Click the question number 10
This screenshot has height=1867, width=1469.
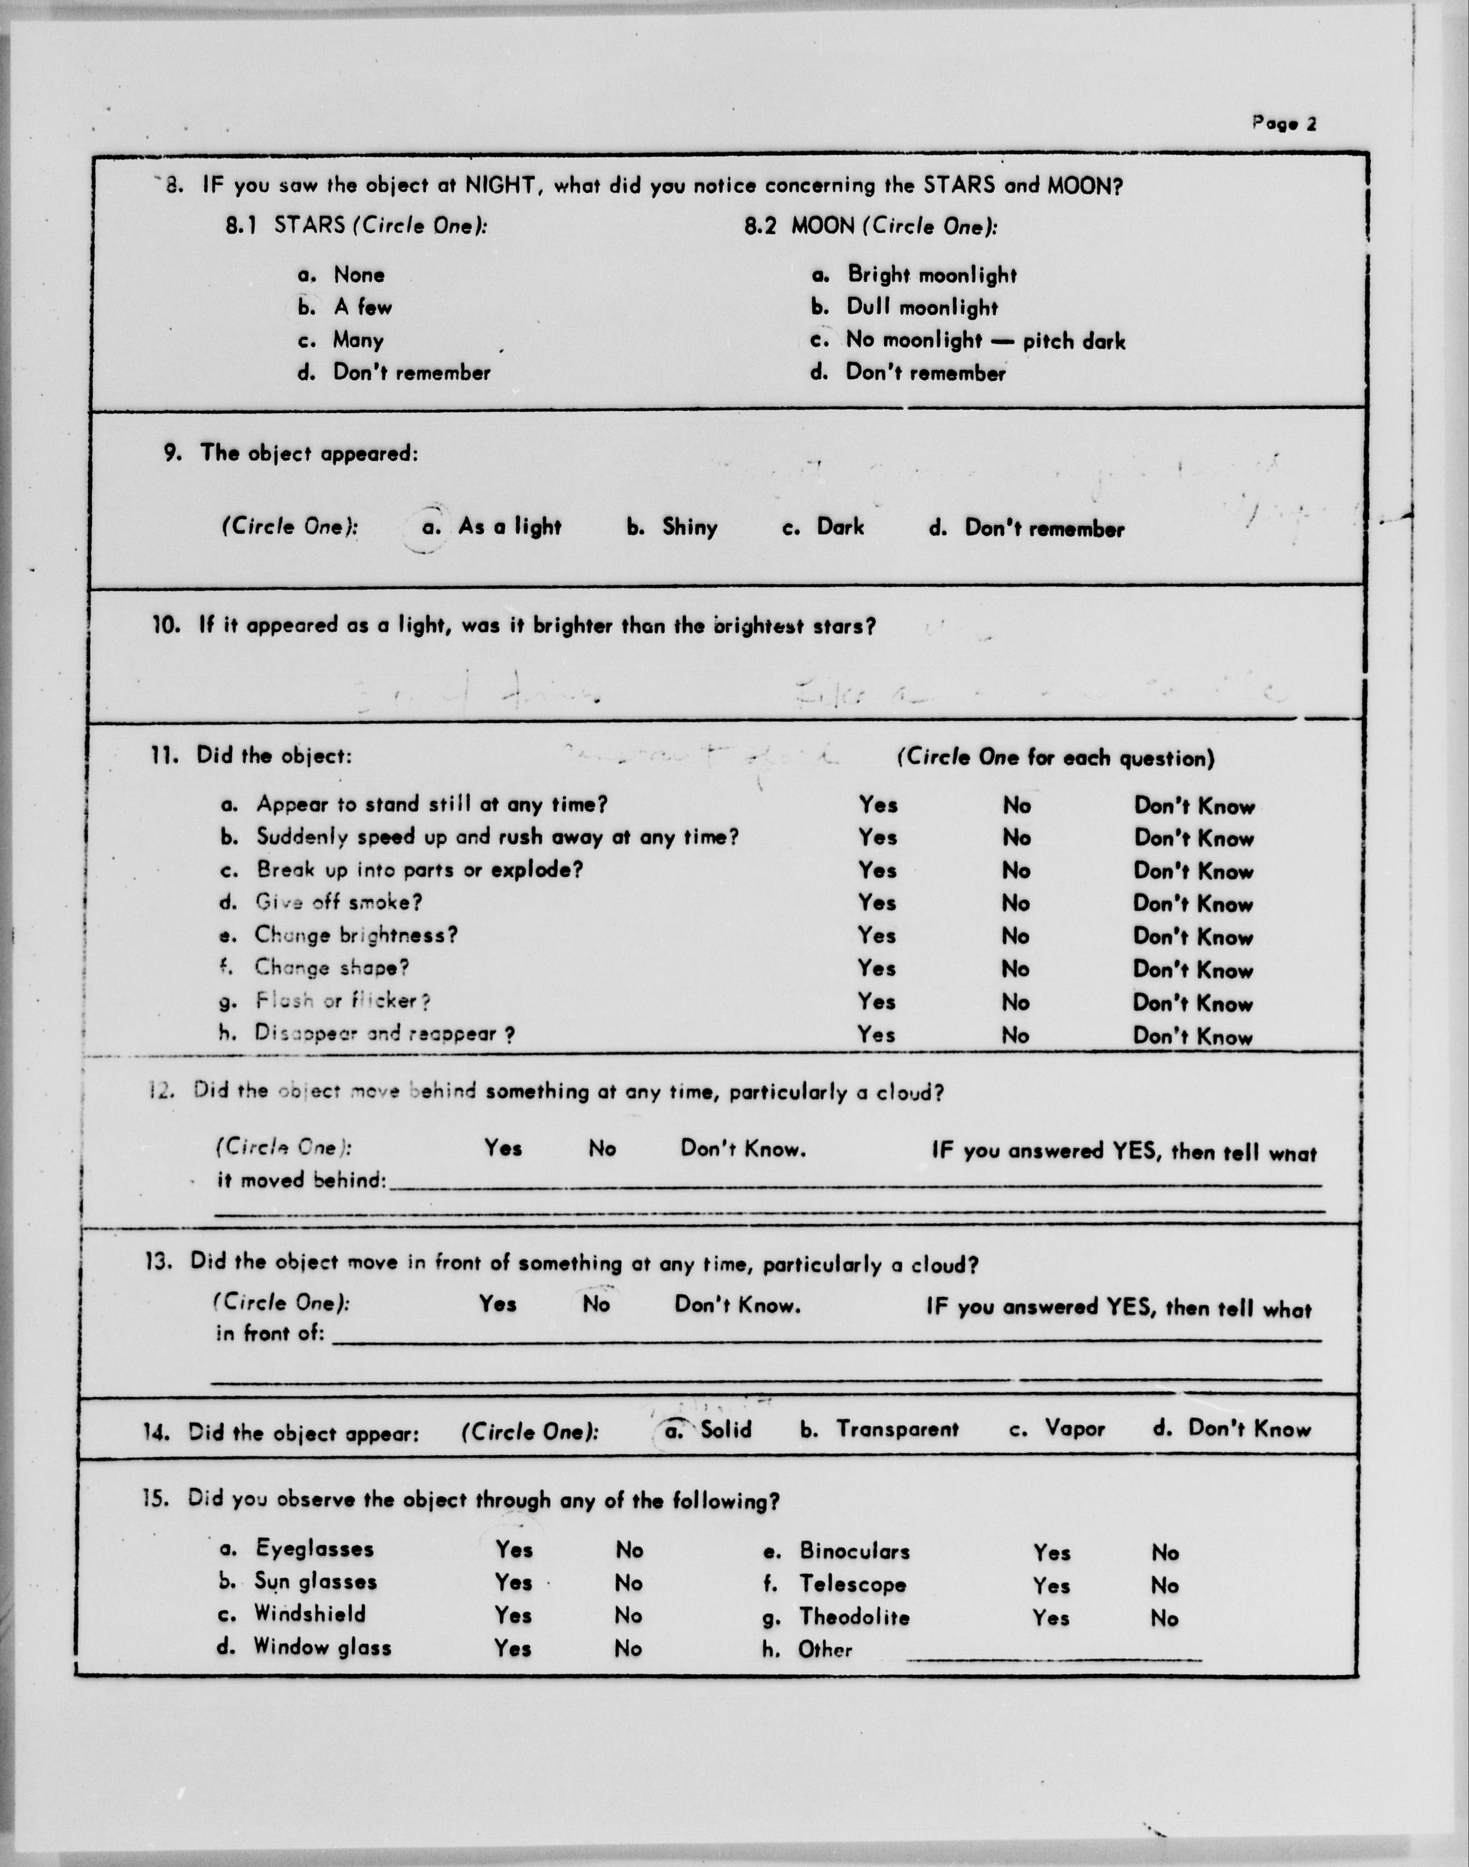click(x=166, y=625)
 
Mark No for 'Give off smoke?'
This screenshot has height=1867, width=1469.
click(x=1016, y=903)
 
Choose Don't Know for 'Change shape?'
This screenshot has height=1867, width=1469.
click(x=1193, y=970)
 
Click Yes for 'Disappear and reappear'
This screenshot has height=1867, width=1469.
click(x=876, y=1035)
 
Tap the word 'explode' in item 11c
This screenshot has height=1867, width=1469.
click(x=535, y=870)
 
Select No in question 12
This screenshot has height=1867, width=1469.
click(x=602, y=1148)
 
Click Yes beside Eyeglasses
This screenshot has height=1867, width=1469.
click(x=513, y=1549)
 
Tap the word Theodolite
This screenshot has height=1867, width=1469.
click(x=854, y=1617)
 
